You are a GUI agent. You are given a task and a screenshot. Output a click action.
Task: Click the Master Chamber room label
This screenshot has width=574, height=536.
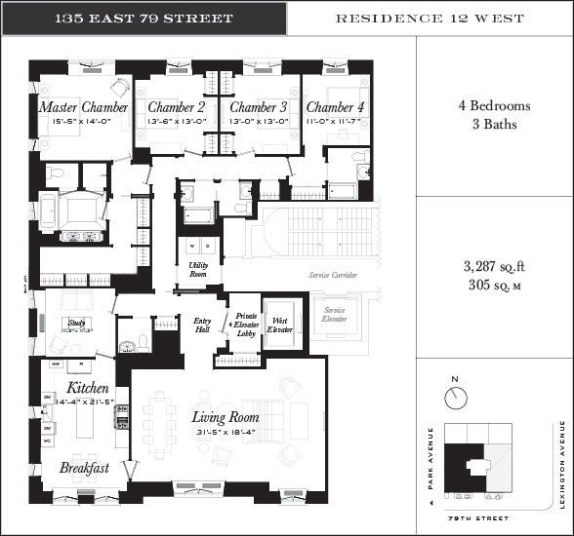[x=83, y=106]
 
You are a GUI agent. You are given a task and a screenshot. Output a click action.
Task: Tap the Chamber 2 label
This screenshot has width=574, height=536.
[x=176, y=106]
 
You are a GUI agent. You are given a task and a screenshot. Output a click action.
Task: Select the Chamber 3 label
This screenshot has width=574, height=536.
[x=259, y=106]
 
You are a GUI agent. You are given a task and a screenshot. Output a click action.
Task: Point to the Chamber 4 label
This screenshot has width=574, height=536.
[x=334, y=106]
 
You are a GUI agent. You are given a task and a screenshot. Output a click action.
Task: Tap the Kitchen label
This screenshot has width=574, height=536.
[x=87, y=387]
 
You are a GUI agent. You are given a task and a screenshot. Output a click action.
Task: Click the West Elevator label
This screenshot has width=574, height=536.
[x=278, y=325]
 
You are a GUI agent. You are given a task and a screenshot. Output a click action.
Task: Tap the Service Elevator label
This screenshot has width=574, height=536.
[x=335, y=315]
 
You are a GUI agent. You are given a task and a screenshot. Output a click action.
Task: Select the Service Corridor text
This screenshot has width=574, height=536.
[x=333, y=276]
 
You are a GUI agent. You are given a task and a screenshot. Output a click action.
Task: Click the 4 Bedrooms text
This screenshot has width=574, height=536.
[x=494, y=106]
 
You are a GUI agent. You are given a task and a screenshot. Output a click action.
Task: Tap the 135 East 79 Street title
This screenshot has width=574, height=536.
[x=143, y=19]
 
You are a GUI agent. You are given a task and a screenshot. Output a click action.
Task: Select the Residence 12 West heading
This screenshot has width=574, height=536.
[x=430, y=19]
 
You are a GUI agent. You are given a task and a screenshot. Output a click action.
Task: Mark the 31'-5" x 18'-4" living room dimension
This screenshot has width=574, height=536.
[x=225, y=433]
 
